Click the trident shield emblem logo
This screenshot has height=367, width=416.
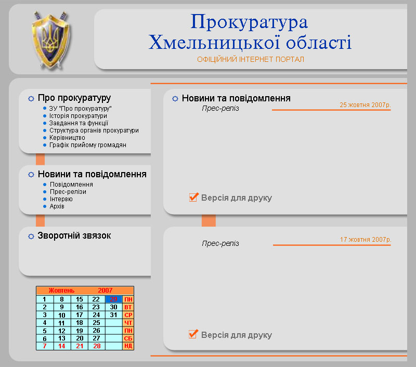(x=50, y=41)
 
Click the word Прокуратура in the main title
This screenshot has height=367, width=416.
(x=249, y=22)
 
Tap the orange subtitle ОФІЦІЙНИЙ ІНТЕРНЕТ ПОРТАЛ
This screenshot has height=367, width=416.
(x=250, y=59)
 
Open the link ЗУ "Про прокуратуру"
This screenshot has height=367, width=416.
(x=81, y=108)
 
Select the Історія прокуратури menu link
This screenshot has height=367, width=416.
(x=78, y=115)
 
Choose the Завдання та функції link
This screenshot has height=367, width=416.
(x=79, y=123)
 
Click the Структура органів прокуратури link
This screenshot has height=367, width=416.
(x=94, y=130)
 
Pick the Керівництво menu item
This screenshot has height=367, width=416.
(x=67, y=138)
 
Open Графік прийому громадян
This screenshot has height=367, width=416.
(x=87, y=145)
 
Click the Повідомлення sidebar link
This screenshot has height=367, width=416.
(x=71, y=185)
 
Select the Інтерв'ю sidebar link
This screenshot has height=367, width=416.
(x=61, y=199)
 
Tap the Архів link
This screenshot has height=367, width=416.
(x=57, y=206)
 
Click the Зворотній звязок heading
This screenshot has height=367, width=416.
(x=74, y=235)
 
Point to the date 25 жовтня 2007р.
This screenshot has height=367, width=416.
(x=365, y=104)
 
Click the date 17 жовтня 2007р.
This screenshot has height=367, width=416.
(x=365, y=240)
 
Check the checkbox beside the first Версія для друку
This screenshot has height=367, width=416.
(x=193, y=198)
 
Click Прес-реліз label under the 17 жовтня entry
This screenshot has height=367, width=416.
(x=220, y=243)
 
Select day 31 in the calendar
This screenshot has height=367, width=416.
(x=113, y=314)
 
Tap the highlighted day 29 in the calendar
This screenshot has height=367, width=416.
(x=113, y=299)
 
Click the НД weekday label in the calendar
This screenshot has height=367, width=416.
(x=128, y=346)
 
